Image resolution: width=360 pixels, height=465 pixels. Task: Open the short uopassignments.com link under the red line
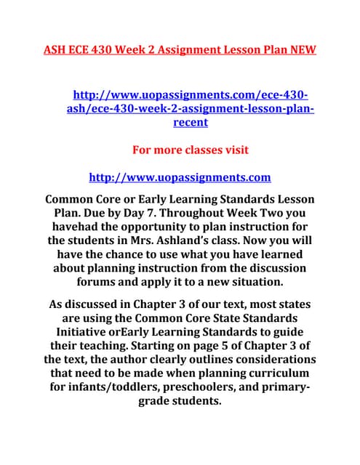coord(179,177)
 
